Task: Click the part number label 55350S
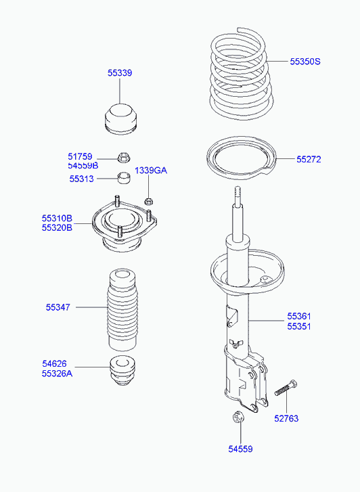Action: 305,62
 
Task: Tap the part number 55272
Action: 308,160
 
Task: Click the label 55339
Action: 119,72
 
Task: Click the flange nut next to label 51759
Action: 123,158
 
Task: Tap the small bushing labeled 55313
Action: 123,179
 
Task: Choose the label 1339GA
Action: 150,170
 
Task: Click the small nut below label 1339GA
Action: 150,200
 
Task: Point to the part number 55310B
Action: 56,219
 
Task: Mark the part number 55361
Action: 299,316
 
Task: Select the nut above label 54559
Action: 238,418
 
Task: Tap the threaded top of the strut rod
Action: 238,196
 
